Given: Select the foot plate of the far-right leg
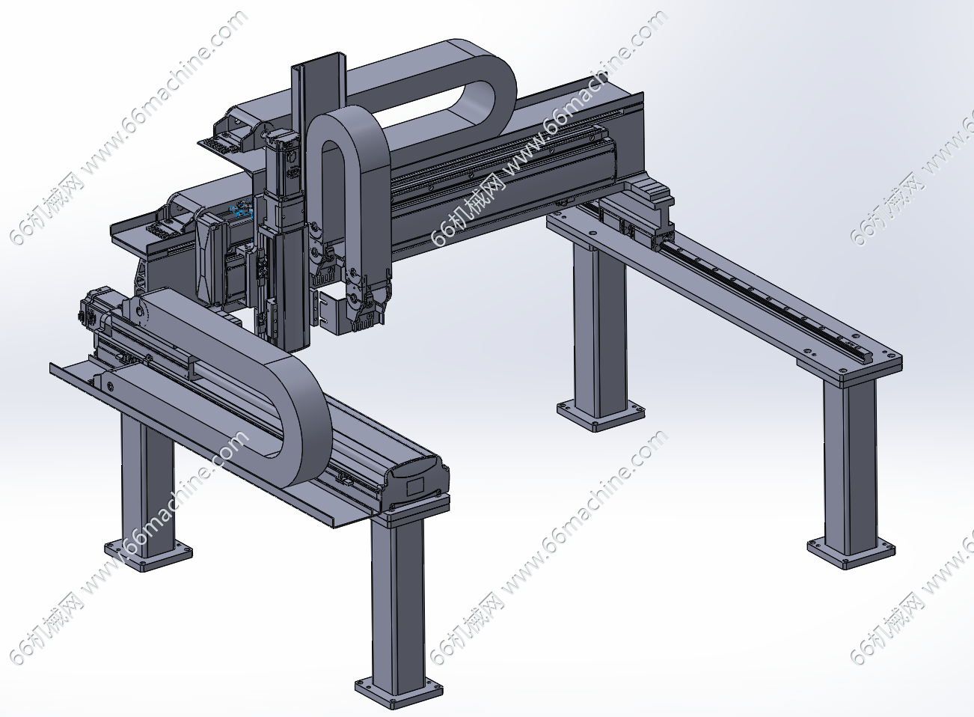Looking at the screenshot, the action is (x=851, y=553).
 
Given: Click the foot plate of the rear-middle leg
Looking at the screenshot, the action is (x=601, y=416).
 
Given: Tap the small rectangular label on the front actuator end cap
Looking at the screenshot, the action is (x=415, y=486).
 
